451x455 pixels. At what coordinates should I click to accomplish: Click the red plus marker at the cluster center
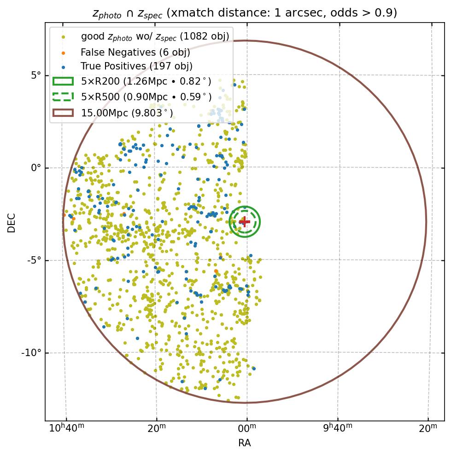pyautogui.click(x=245, y=222)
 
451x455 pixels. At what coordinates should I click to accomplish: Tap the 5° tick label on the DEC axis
pyautogui.click(x=36, y=75)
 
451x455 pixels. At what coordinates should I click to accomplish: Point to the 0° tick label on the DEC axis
pyautogui.click(x=36, y=168)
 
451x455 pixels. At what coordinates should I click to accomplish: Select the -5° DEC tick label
pyautogui.click(x=34, y=260)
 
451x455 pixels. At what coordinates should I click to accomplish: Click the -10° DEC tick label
pyautogui.click(x=32, y=353)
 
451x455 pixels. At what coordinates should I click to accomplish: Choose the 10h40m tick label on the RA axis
pyautogui.click(x=66, y=428)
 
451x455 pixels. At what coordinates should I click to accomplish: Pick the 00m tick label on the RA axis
pyautogui.click(x=247, y=428)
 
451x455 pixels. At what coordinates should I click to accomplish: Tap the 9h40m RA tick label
pyautogui.click(x=338, y=428)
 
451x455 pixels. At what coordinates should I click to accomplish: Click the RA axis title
pyautogui.click(x=245, y=443)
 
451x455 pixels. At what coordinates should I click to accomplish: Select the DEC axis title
pyautogui.click(x=12, y=223)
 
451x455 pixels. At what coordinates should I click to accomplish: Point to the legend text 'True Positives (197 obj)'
pyautogui.click(x=136, y=67)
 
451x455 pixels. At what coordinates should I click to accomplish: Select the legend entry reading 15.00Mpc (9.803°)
pyautogui.click(x=127, y=113)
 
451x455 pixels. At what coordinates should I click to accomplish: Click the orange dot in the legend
pyautogui.click(x=63, y=52)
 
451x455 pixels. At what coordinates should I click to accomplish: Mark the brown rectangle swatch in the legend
pyautogui.click(x=63, y=112)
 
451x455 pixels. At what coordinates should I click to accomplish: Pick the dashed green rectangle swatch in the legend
pyautogui.click(x=63, y=97)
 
